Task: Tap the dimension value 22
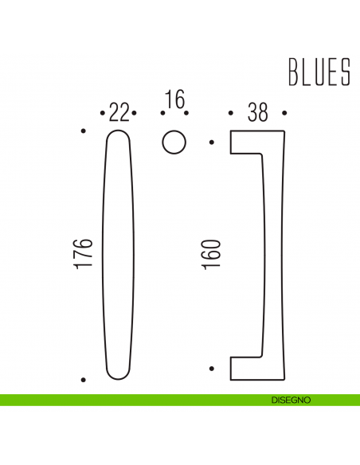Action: pos(119,113)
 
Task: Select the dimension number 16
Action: pos(174,101)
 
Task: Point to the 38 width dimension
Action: pos(257,113)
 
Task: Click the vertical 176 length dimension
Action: pos(87,252)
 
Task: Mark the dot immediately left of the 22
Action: pos(103,114)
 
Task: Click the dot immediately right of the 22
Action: pos(136,114)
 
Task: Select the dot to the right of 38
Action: pos(284,114)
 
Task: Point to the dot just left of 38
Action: pos(231,114)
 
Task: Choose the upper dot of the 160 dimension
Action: pos(211,143)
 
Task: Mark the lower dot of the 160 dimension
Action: pos(211,368)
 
